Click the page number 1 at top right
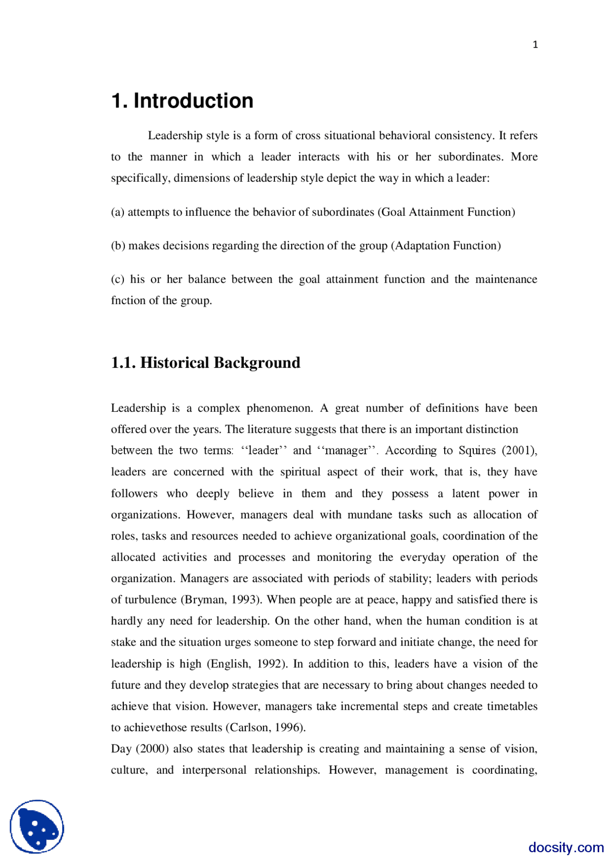pos(535,44)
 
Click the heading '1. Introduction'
pos(182,101)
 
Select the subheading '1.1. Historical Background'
pos(206,362)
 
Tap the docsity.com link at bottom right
pos(566,847)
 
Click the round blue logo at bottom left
pos(37,826)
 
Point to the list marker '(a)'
pos(118,212)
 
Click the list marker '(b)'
pos(118,245)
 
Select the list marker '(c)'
pos(118,279)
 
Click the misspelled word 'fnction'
pos(127,300)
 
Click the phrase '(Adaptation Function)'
pos(446,245)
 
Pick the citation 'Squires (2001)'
pos(497,450)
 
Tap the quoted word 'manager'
pos(347,450)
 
